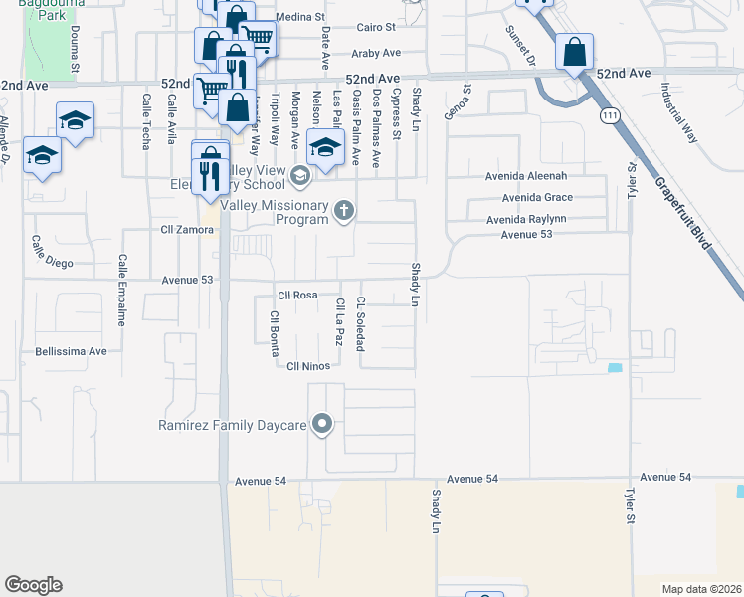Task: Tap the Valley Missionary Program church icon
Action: [x=344, y=209]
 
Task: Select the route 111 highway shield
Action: [x=607, y=116]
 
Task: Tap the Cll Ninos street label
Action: [x=308, y=366]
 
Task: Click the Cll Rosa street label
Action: [x=297, y=296]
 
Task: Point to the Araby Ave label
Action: [x=375, y=53]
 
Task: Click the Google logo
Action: [x=33, y=585]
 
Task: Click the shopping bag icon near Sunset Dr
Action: [x=575, y=51]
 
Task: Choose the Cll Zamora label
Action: [x=188, y=230]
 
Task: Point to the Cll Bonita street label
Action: [x=273, y=333]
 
